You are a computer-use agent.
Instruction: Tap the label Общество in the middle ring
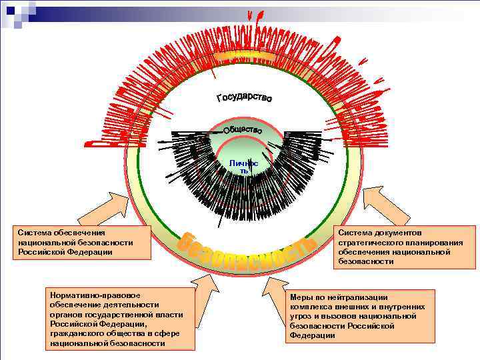pos(241,128)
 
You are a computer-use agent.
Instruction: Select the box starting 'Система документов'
pos(405,247)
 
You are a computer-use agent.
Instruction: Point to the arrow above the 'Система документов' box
pos(377,205)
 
